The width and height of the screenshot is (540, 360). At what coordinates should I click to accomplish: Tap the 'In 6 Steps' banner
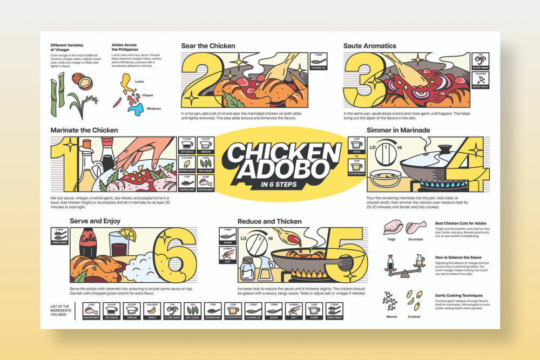point(281,185)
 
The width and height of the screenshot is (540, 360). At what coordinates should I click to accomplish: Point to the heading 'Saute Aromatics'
point(369,46)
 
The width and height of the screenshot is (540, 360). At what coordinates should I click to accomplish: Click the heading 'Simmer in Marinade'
point(399,130)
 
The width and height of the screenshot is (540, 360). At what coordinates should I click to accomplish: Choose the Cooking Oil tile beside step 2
point(316,62)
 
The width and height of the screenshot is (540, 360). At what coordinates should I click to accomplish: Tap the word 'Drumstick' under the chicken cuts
point(416,239)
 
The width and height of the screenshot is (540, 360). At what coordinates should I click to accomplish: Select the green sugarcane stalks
point(56,94)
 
